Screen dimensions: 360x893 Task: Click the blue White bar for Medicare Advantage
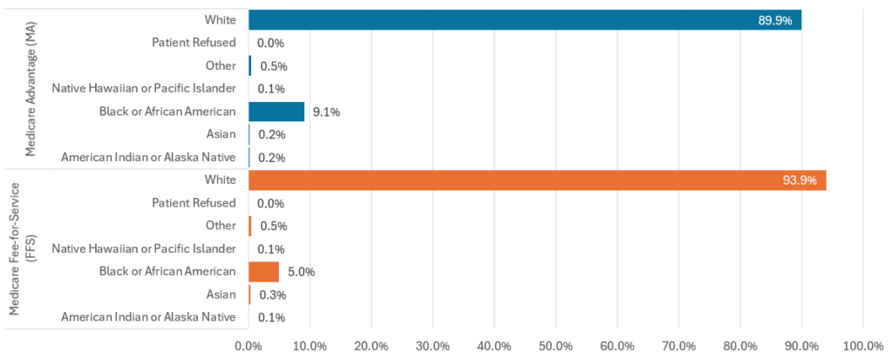(523, 19)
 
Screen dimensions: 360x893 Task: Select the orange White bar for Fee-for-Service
(536, 180)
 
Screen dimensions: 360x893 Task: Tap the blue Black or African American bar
(276, 111)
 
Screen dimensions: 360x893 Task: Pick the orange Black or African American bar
(263, 271)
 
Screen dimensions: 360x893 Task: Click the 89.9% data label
(775, 20)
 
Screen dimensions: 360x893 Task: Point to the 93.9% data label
(800, 180)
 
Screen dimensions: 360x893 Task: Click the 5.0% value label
(300, 272)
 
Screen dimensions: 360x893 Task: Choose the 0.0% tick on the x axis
(249, 344)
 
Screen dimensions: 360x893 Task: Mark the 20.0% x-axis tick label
(372, 344)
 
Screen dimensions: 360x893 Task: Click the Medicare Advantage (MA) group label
(31, 89)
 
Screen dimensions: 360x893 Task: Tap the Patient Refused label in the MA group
(194, 42)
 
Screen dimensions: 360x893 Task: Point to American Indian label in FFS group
(148, 317)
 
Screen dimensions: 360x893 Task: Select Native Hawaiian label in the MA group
(144, 88)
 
